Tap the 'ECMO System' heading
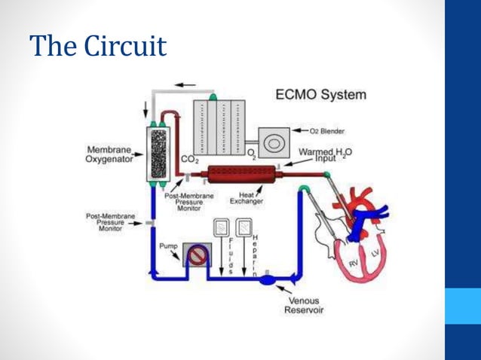(321, 96)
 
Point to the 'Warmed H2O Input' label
(326, 154)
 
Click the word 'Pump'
(170, 246)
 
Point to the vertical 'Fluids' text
(230, 255)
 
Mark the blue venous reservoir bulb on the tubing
(270, 279)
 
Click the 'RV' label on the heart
(353, 264)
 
